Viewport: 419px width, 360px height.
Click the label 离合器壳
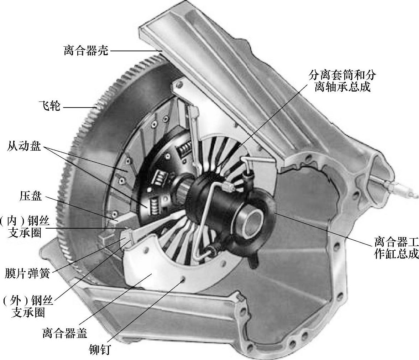click(x=86, y=51)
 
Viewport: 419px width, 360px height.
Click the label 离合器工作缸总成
click(x=396, y=249)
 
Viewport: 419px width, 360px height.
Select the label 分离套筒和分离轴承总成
click(x=342, y=81)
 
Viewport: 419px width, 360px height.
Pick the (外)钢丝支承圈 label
click(x=27, y=307)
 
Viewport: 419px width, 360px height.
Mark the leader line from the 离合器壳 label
click(x=135, y=51)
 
